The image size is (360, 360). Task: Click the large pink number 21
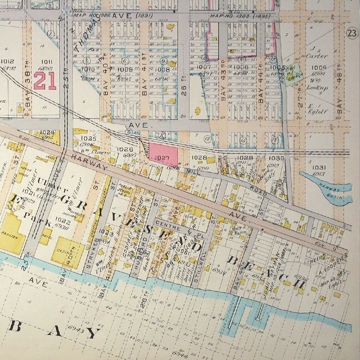click(x=45, y=81)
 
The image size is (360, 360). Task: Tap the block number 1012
click(x=7, y=61)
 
